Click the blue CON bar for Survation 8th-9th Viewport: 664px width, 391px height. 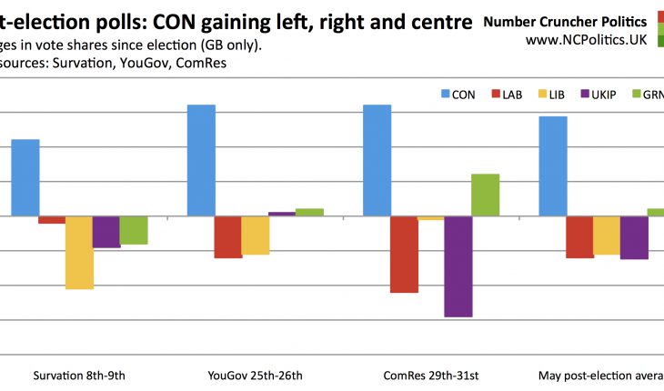(25, 177)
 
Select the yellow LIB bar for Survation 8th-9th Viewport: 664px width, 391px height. (79, 252)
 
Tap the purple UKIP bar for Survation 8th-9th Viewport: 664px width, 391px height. (106, 232)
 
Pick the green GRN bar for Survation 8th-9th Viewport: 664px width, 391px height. (133, 230)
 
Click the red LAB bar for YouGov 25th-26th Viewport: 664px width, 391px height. (228, 236)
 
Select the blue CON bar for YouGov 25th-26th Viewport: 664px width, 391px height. (201, 160)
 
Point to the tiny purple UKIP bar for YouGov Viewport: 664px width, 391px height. (282, 214)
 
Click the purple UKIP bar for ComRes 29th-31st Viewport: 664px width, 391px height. (458, 266)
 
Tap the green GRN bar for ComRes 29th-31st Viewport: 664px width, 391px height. (485, 195)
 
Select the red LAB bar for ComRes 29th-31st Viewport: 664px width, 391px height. (404, 255)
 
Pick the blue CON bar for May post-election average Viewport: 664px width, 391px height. (553, 166)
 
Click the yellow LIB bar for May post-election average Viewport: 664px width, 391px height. (607, 236)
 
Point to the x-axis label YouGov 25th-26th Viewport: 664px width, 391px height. (255, 376)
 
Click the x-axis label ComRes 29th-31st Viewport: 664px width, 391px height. (430, 376)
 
